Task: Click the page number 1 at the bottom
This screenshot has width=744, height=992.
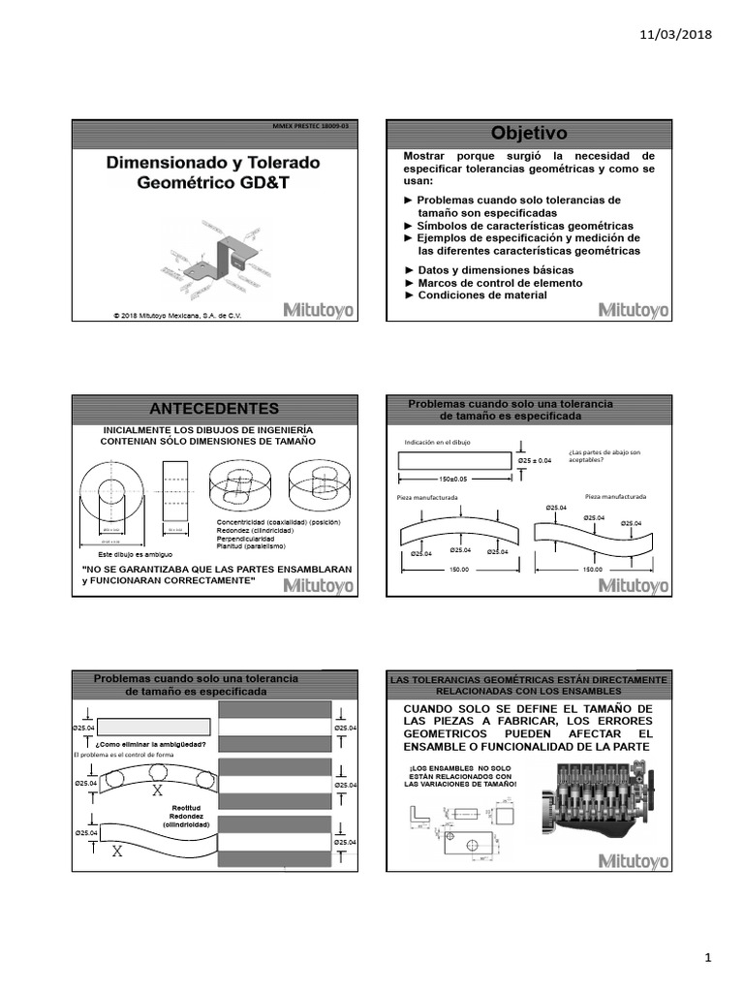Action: click(708, 958)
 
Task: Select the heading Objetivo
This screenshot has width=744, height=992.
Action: click(528, 133)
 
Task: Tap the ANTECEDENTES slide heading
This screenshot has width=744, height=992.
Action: click(215, 408)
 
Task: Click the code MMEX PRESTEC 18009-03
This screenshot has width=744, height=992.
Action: click(313, 127)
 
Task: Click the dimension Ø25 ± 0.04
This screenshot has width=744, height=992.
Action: click(535, 460)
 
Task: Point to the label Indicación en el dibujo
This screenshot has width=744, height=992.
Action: click(437, 443)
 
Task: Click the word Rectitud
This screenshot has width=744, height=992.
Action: click(186, 806)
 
